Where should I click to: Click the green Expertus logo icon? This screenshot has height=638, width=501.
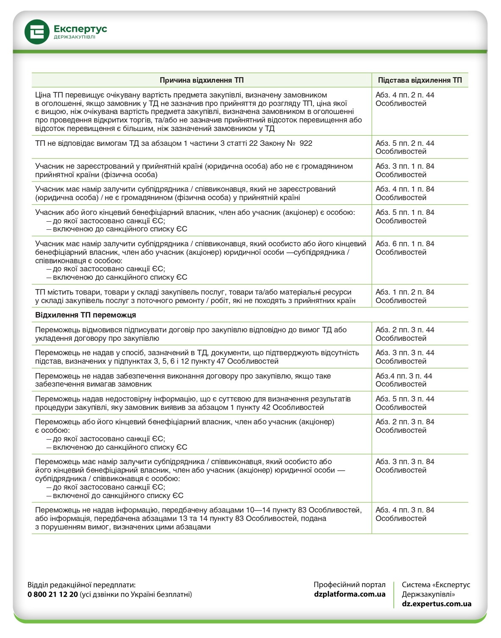click(x=37, y=32)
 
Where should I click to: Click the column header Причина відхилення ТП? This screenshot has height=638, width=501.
click(x=201, y=80)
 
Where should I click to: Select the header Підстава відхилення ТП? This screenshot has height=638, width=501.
click(x=420, y=80)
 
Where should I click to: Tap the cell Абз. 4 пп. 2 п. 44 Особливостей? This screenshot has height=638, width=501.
click(x=405, y=99)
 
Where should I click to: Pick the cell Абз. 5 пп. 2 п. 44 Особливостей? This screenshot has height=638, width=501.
click(x=405, y=148)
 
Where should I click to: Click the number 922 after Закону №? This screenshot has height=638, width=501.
click(x=306, y=143)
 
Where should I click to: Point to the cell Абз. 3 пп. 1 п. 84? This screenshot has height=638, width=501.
click(x=405, y=170)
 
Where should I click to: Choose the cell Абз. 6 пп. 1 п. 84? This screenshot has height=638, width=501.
click(x=405, y=248)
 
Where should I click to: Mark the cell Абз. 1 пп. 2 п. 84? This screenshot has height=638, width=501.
click(x=405, y=296)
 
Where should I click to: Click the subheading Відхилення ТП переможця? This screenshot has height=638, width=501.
click(x=86, y=315)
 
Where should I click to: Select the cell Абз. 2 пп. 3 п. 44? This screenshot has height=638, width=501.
click(x=405, y=334)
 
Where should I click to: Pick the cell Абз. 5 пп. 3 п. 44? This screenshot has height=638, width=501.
click(x=405, y=403)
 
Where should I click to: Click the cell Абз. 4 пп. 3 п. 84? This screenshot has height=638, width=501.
click(x=405, y=514)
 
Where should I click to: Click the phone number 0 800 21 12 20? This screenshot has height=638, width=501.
click(x=53, y=594)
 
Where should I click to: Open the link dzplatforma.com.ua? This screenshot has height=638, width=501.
click(x=350, y=594)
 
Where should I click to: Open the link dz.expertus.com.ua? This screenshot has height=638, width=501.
click(x=437, y=604)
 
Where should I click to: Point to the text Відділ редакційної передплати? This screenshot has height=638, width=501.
click(x=81, y=585)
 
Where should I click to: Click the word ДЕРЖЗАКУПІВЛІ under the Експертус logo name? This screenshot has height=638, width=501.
click(x=74, y=37)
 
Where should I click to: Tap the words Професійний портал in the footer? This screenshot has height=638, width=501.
click(x=350, y=585)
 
